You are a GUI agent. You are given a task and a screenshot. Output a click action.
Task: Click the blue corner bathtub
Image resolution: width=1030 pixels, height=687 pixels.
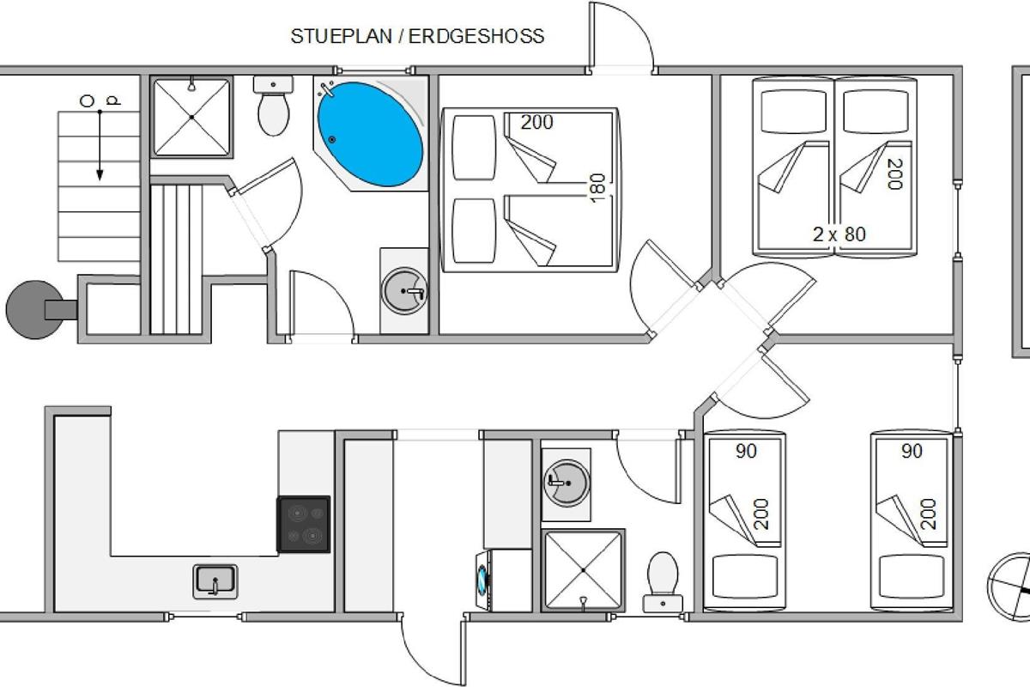pos(370,134)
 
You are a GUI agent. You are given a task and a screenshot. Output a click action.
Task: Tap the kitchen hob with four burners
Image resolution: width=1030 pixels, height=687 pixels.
pos(304,524)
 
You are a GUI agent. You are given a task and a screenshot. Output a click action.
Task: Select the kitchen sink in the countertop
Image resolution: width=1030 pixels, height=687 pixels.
pos(215,581)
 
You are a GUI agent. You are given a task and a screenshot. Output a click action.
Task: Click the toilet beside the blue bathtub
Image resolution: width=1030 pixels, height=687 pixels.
pos(273,106)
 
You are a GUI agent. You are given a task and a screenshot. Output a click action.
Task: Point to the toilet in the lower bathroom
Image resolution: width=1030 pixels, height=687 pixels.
pos(663,582)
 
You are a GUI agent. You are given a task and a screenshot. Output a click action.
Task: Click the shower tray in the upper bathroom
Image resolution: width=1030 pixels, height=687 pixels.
pos(191,118)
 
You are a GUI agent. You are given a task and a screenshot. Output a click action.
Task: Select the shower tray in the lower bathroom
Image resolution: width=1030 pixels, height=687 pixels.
pos(583,570)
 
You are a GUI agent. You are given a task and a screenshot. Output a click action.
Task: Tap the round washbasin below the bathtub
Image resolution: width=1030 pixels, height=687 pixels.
pos(404,291)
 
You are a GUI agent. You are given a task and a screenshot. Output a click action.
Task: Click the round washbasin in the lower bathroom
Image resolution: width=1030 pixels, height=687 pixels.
pos(566,483)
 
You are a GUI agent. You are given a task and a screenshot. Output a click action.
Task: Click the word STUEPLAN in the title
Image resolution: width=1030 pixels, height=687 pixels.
pos(342,36)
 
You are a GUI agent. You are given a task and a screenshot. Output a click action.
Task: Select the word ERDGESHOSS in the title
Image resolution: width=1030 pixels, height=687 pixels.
pos(476,36)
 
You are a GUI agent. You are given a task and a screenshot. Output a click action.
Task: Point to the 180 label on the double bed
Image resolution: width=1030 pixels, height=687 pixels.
pos(597,188)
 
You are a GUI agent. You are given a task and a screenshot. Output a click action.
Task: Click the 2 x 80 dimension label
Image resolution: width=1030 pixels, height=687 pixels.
pos(839,234)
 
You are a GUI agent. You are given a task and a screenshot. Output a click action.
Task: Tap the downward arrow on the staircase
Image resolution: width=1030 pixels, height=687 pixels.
pos(100,145)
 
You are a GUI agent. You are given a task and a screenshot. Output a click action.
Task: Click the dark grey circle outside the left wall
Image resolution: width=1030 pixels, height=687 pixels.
pos(34,310)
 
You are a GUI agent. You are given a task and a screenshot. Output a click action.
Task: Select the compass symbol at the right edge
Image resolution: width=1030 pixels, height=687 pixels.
pos(1009,587)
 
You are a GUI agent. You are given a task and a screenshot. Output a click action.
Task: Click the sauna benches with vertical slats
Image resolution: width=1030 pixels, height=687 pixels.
pos(177,259)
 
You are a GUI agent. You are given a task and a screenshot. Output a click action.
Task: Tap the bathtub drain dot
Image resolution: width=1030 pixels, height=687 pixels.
pos(332,139)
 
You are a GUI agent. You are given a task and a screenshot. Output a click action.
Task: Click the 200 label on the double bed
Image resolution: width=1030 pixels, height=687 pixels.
pos(536,123)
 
